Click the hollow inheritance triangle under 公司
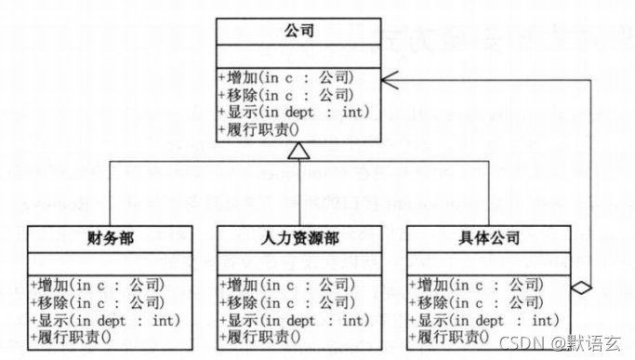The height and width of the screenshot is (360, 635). pyautogui.click(x=298, y=151)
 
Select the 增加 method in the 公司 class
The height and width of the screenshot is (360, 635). pyautogui.click(x=285, y=77)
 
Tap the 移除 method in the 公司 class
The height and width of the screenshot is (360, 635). pyautogui.click(x=285, y=94)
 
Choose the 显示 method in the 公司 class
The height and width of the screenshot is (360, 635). pyautogui.click(x=293, y=112)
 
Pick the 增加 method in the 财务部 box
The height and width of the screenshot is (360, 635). pyautogui.click(x=97, y=285)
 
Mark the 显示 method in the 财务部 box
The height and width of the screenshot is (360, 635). pyautogui.click(x=104, y=320)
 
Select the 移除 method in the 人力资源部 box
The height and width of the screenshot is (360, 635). pyautogui.click(x=285, y=302)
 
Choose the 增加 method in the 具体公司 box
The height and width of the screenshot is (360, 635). pyautogui.click(x=474, y=285)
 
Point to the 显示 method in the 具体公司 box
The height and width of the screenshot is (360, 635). pyautogui.click(x=482, y=320)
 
